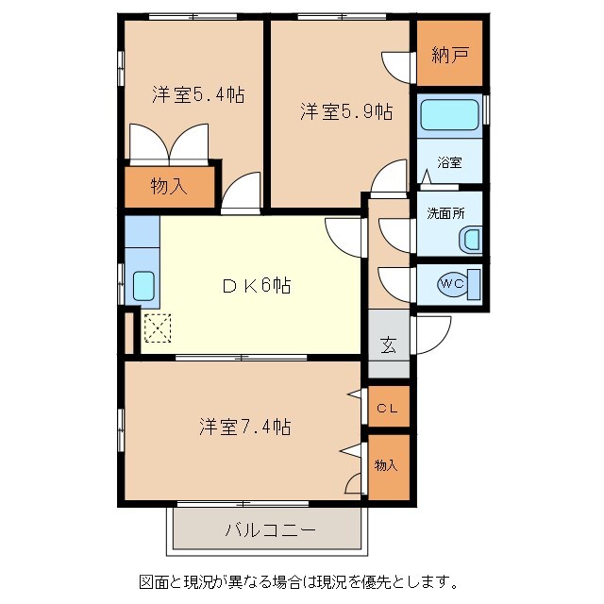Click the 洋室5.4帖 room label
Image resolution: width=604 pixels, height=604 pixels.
[x=199, y=94]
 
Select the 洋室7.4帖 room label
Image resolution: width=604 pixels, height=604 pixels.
[x=244, y=427]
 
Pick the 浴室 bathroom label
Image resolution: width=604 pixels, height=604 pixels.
[x=449, y=162]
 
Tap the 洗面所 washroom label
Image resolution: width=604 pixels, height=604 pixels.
[x=446, y=213]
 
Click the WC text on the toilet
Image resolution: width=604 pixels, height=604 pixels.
[x=451, y=282]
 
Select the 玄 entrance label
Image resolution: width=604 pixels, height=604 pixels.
[x=388, y=344]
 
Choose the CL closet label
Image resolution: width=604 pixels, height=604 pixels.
[x=387, y=408]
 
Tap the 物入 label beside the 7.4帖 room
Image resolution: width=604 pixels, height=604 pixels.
[x=386, y=464]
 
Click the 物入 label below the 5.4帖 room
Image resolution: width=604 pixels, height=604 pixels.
[x=169, y=186]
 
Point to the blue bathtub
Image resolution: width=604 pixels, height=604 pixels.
[x=450, y=114]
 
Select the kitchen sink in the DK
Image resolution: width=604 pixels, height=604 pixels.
[x=143, y=285]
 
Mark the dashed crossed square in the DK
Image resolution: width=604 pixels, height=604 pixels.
[x=157, y=328]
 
